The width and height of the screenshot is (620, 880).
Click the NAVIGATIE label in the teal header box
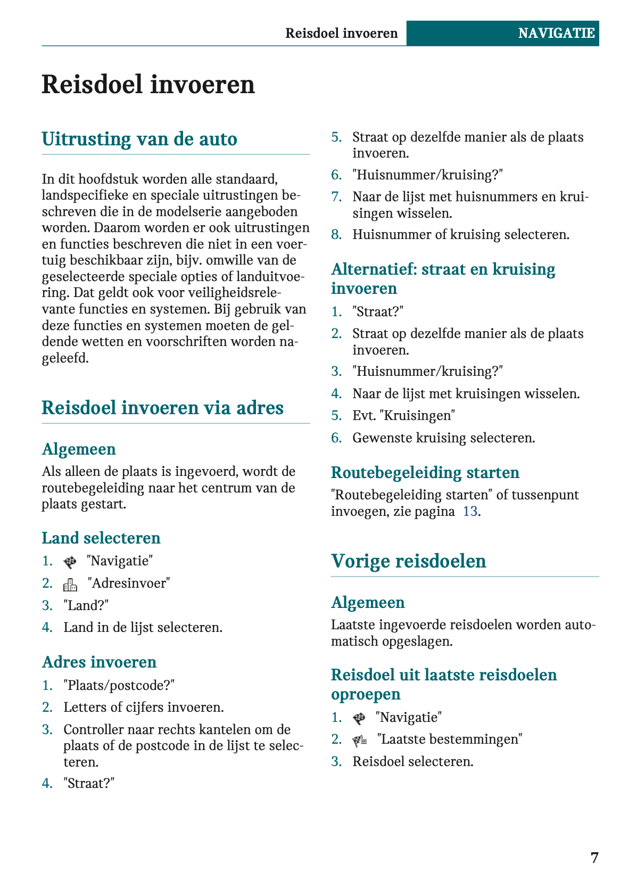click(556, 34)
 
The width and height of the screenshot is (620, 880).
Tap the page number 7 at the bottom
click(594, 858)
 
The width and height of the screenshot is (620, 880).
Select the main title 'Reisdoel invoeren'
click(148, 85)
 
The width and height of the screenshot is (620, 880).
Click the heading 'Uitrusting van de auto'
click(139, 139)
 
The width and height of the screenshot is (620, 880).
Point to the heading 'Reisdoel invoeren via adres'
click(162, 408)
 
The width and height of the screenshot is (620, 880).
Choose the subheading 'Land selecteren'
click(101, 538)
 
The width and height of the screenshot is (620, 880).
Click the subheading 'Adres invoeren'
click(99, 662)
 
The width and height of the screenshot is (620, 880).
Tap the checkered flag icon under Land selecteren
click(70, 562)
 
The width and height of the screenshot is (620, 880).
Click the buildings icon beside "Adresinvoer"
click(70, 585)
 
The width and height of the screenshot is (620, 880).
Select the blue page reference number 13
click(470, 512)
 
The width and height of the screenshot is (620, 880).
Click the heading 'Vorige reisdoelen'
click(408, 561)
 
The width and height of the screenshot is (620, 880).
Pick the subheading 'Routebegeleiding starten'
click(425, 473)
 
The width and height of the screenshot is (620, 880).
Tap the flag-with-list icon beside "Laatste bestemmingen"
click(360, 741)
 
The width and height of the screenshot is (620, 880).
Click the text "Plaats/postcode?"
click(119, 685)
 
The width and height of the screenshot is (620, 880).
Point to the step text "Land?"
click(86, 605)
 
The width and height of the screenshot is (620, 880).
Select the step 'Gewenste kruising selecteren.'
click(443, 438)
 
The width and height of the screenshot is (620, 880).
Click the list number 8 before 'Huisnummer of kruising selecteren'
click(336, 235)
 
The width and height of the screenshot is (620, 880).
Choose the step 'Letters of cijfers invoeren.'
click(144, 708)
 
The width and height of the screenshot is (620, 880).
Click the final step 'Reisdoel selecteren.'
click(412, 762)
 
